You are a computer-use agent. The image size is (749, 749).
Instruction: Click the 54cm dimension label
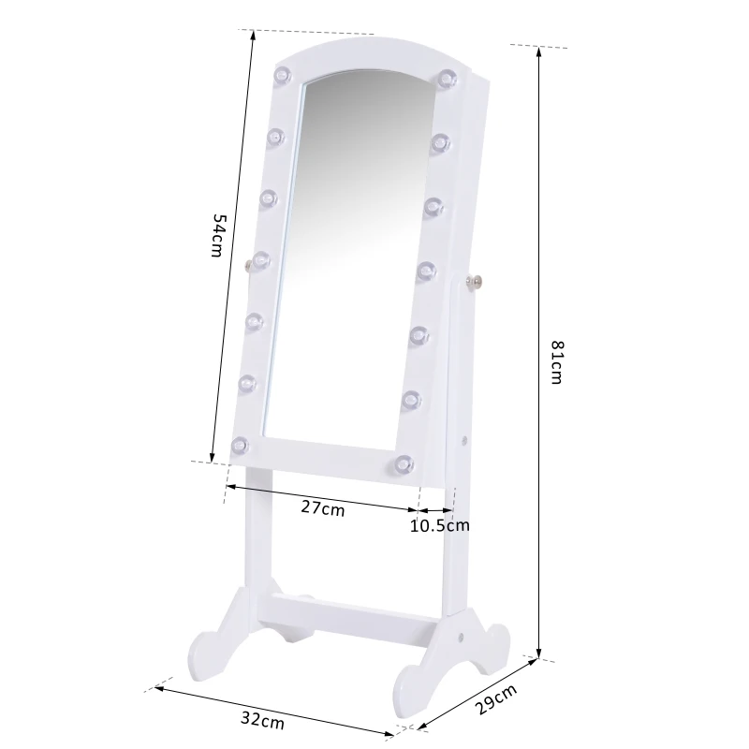point(216,237)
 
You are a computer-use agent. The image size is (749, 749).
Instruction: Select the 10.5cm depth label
point(439,525)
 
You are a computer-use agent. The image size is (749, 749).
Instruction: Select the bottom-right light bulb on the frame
point(404,463)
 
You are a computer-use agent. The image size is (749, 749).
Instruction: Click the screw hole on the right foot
point(462,635)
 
